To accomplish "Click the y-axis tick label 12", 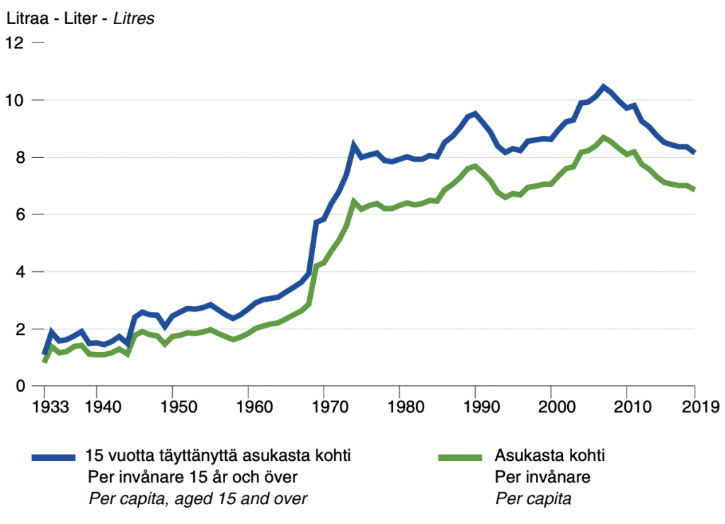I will pyautogui.click(x=15, y=43).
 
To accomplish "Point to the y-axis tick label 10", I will pyautogui.click(x=15, y=101).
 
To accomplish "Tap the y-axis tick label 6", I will pyautogui.click(x=19, y=215).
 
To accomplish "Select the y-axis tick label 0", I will pyautogui.click(x=19, y=387).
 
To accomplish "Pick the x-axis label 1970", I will pyautogui.click(x=323, y=408).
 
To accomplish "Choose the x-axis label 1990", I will pyautogui.click(x=475, y=408).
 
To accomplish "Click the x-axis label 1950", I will pyautogui.click(x=171, y=408).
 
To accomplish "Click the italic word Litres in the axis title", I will pyautogui.click(x=134, y=19).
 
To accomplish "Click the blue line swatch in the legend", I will pyautogui.click(x=53, y=457).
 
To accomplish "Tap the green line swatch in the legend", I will pyautogui.click(x=461, y=457).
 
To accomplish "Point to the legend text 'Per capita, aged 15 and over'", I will pyautogui.click(x=198, y=499).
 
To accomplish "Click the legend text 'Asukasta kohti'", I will pyautogui.click(x=549, y=456).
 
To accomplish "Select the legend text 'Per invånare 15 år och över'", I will pyautogui.click(x=192, y=477).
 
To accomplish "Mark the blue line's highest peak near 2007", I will pyautogui.click(x=603, y=87).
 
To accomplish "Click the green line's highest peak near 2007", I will pyautogui.click(x=603, y=137).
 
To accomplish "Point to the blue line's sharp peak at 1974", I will pyautogui.click(x=353, y=146).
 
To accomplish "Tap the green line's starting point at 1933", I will pyautogui.click(x=45, y=361).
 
